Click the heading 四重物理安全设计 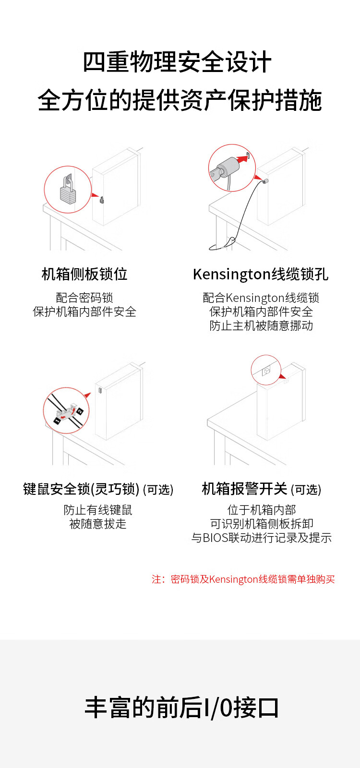click(x=178, y=63)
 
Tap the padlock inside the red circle click(x=68, y=191)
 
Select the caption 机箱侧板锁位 click(x=84, y=274)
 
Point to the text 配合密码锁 click(x=84, y=298)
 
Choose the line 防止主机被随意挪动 click(x=261, y=325)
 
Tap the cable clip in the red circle click(x=66, y=412)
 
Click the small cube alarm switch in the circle click(x=266, y=371)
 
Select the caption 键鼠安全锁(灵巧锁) click(x=82, y=489)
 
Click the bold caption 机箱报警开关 click(x=244, y=489)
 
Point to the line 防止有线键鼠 click(x=98, y=510)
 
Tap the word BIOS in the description click(x=216, y=538)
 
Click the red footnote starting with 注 click(x=243, y=579)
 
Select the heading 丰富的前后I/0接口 click(x=181, y=708)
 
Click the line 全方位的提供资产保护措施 click(x=180, y=100)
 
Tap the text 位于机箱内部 click(x=262, y=510)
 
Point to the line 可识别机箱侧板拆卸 click(x=262, y=524)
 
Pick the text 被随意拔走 click(x=98, y=524)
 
